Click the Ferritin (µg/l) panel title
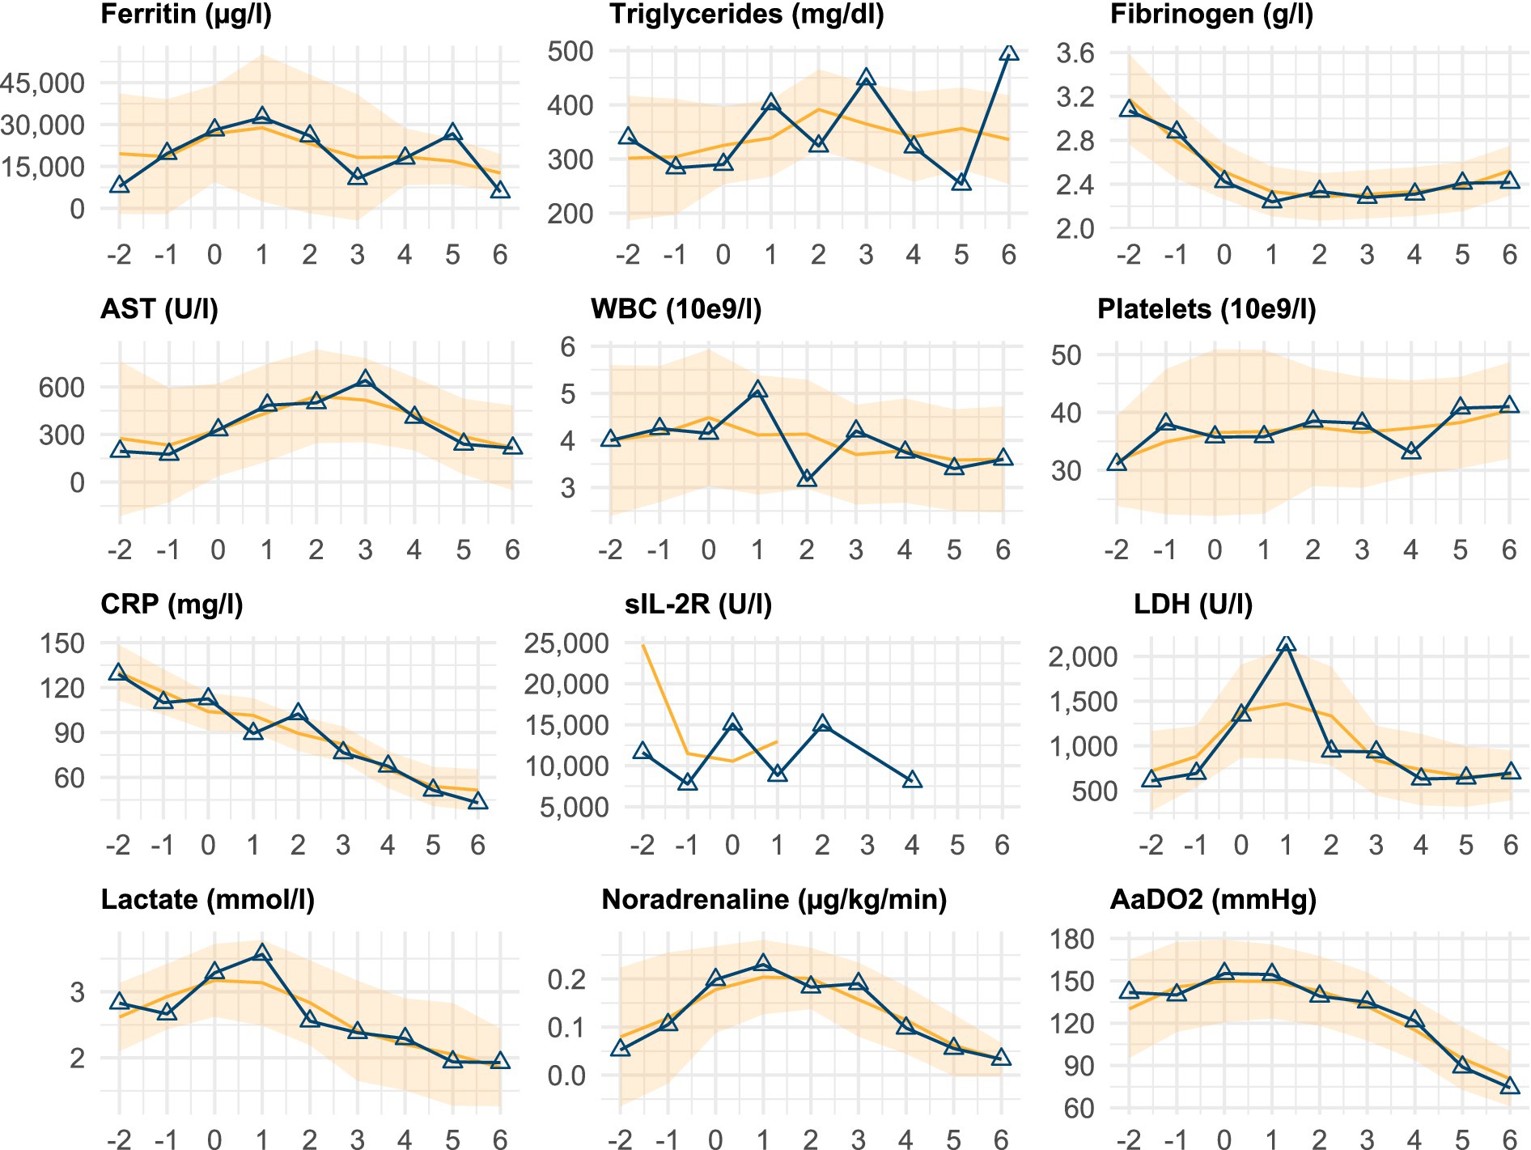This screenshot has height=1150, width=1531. tap(186, 15)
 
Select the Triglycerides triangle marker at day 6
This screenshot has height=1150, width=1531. tap(1008, 53)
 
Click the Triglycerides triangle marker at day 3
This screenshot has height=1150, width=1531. tap(866, 79)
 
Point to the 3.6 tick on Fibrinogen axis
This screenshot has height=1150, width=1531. tap(1075, 53)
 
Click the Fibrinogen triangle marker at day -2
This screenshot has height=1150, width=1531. tap(1129, 108)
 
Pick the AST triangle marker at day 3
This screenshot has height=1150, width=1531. tap(365, 379)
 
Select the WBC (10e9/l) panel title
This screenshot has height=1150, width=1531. tap(676, 309)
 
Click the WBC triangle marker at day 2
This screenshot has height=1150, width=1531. tap(807, 478)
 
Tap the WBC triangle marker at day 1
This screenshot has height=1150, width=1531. tap(757, 390)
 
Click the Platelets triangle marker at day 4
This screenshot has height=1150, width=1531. tap(1411, 451)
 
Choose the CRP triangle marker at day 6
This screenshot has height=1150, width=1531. tap(477, 800)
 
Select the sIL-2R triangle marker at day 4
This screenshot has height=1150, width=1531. tap(912, 779)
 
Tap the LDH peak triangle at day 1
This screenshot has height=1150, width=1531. tap(1286, 644)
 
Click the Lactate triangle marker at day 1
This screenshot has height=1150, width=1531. tap(261, 953)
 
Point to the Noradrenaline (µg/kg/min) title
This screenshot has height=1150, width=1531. tap(774, 900)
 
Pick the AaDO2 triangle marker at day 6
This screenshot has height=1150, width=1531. tap(1509, 1086)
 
